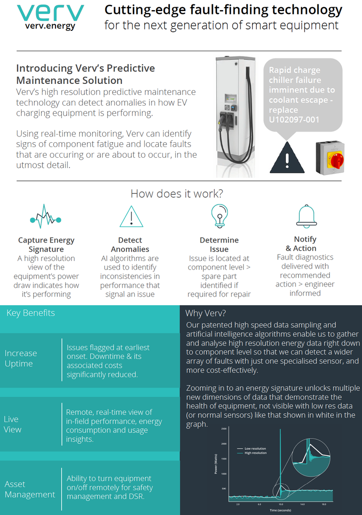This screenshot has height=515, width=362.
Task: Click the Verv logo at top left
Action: (x=50, y=17)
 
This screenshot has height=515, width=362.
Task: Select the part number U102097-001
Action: (x=294, y=120)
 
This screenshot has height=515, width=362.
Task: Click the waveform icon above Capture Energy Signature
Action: (x=46, y=219)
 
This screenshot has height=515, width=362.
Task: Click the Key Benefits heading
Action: (x=30, y=313)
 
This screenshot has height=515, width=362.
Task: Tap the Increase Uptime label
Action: (x=21, y=359)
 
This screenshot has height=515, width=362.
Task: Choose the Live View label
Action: (x=13, y=424)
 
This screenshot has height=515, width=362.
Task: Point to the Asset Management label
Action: (x=30, y=489)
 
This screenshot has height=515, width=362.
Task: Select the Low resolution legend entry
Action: (x=255, y=448)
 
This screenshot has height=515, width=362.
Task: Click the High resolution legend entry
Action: (x=255, y=453)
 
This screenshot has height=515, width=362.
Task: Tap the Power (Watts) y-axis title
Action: (x=216, y=463)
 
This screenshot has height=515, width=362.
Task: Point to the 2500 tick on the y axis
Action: (x=223, y=428)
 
